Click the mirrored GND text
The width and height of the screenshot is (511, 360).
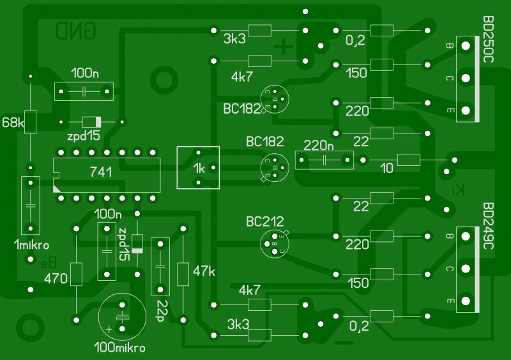pos(76,30)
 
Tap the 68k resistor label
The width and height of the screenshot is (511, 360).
pos(12,122)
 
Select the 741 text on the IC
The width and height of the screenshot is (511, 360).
pos(102,172)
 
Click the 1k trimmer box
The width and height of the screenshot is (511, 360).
pos(198,168)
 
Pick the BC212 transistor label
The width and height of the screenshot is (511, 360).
pos(265,222)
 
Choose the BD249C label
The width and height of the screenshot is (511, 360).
pos(489,227)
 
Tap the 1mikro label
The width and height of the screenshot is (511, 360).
pos(31,246)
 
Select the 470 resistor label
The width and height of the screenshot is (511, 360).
pos(56,278)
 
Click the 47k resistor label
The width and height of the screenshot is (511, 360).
pos(204,271)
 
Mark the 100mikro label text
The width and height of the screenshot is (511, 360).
pos(119,348)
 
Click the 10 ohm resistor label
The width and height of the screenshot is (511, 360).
pos(387,169)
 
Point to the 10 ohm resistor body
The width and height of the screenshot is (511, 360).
pos(408,160)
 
